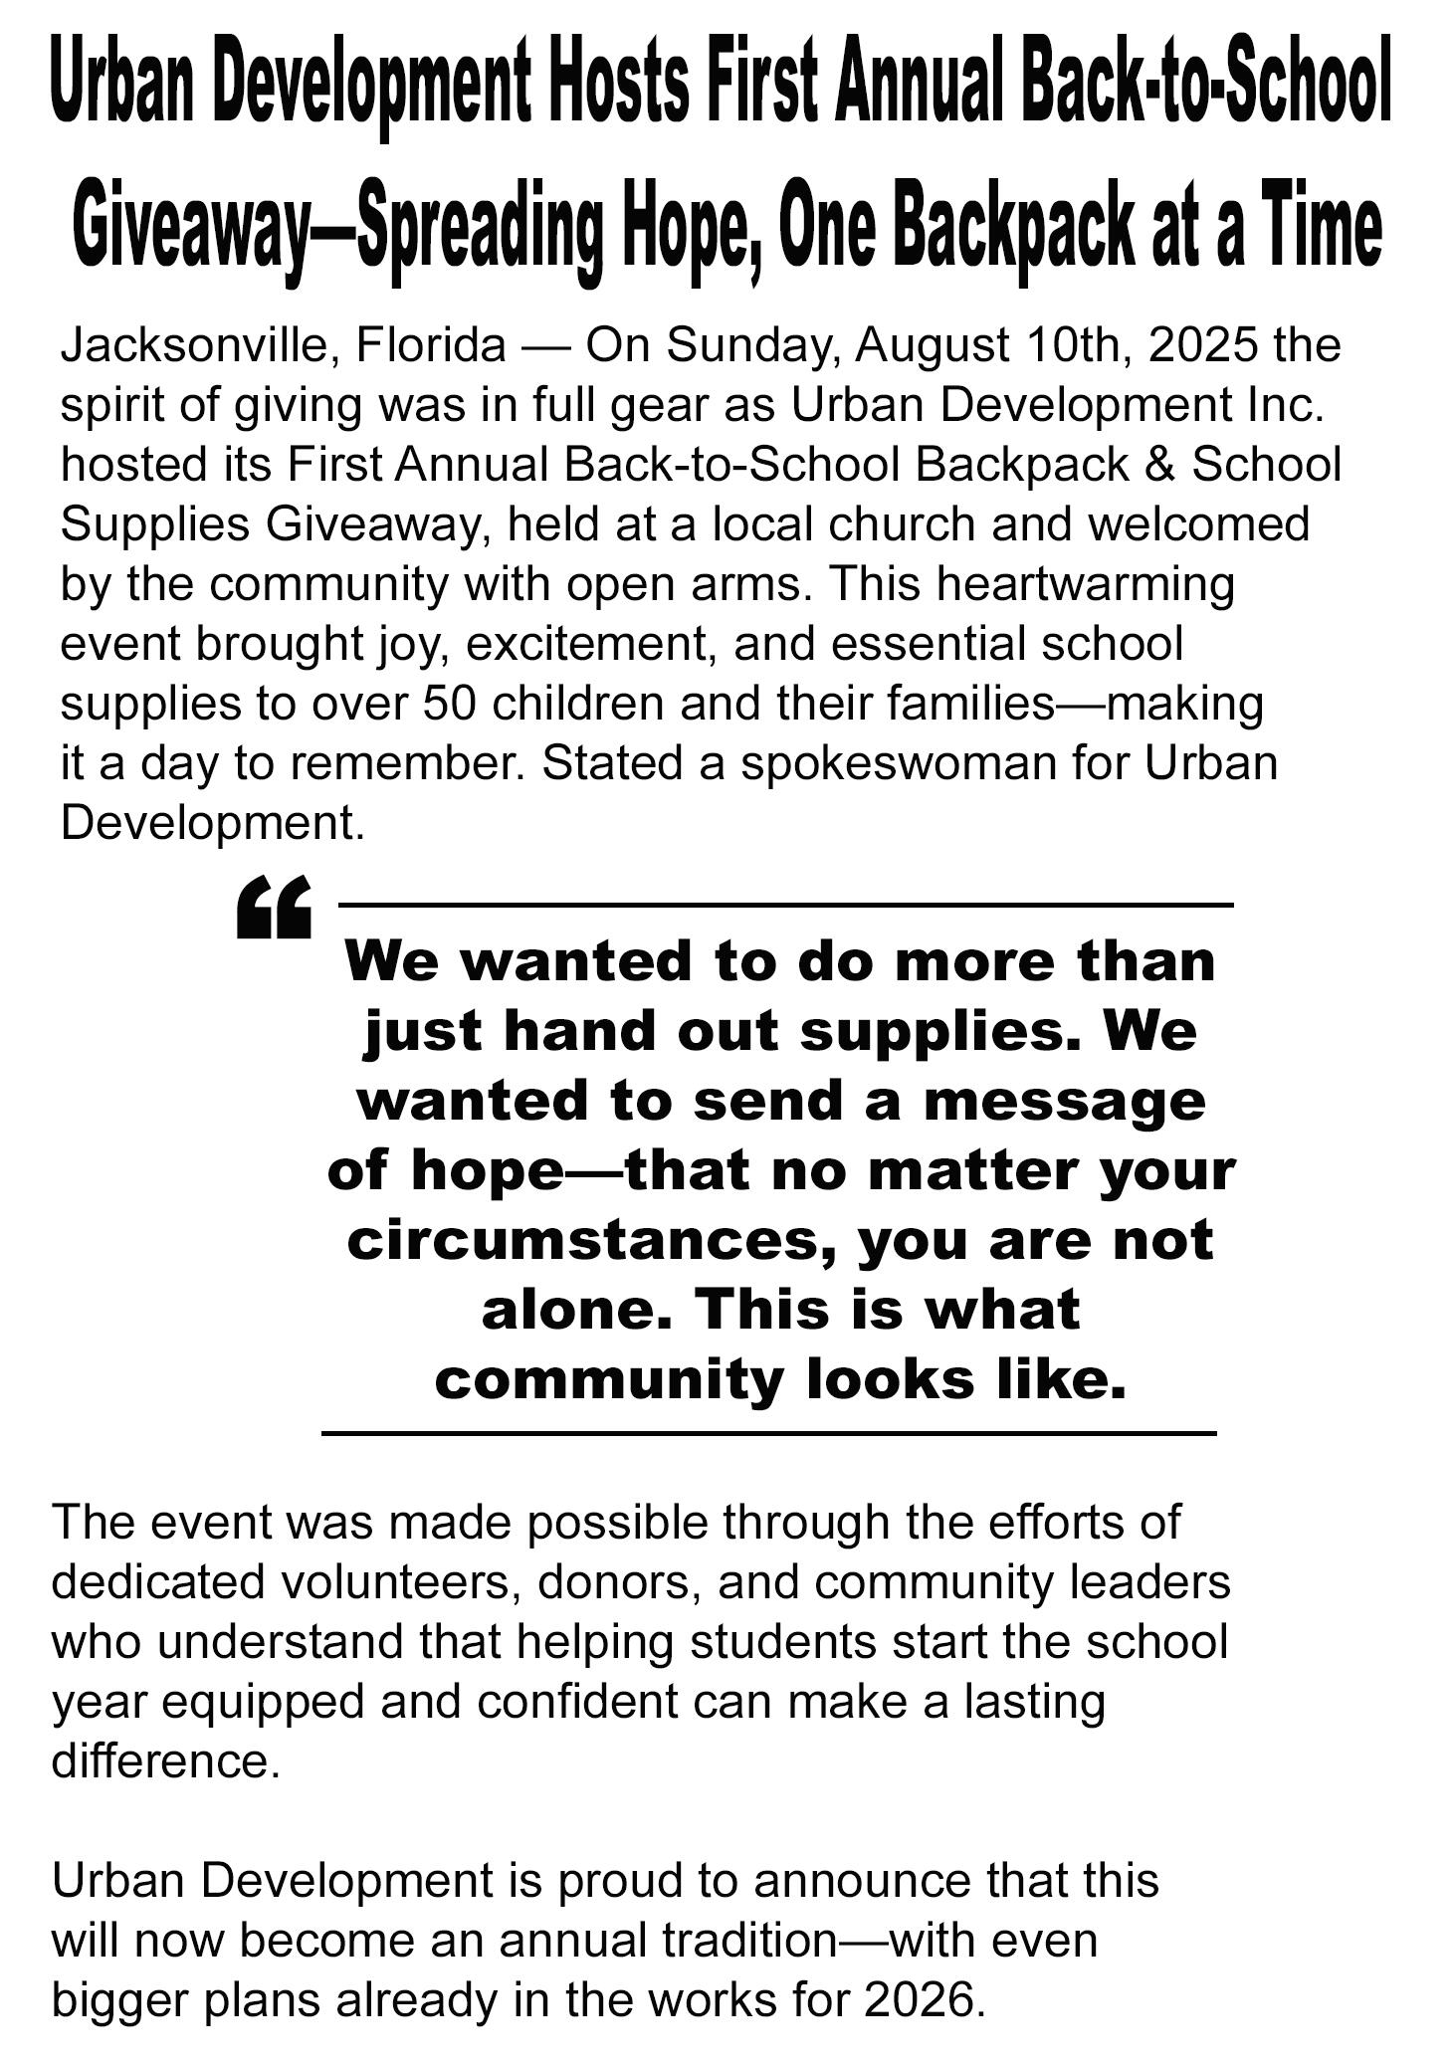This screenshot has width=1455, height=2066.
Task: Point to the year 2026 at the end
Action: coord(918,1999)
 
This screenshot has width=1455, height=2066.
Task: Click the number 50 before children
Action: coord(451,705)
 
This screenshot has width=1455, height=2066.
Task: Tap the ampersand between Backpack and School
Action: coord(1160,466)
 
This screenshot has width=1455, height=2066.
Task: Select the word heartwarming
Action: coord(1085,585)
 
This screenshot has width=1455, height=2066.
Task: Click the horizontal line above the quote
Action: coord(786,905)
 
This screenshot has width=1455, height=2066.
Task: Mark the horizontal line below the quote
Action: coord(768,1434)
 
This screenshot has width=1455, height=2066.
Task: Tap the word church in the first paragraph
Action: coord(901,525)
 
